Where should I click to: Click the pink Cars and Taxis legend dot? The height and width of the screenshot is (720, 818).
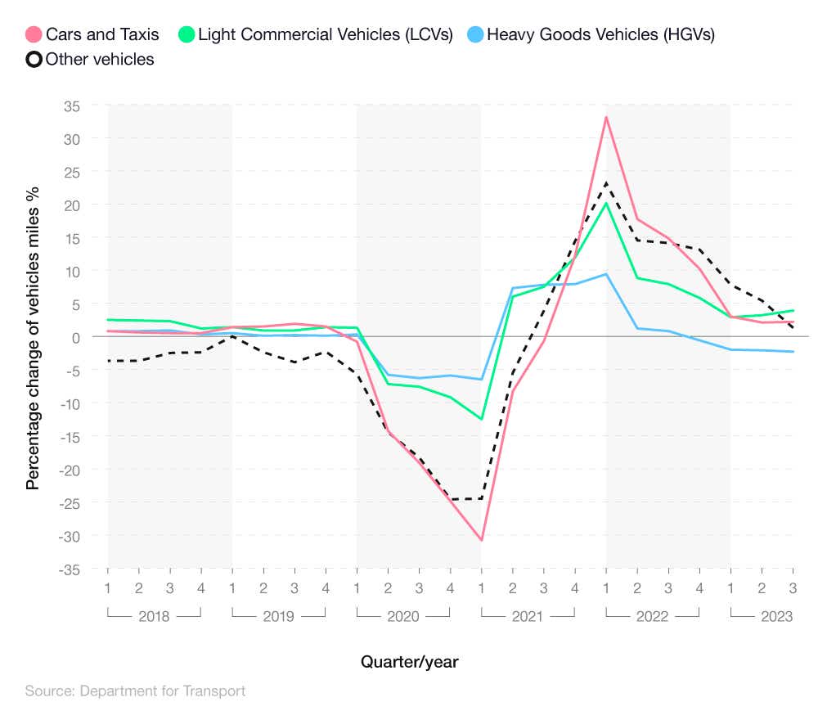(34, 34)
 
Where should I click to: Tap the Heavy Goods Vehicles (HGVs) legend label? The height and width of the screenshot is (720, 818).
(600, 34)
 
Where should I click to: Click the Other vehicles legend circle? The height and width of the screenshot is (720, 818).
(34, 59)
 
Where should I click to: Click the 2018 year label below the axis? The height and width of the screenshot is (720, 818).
(154, 616)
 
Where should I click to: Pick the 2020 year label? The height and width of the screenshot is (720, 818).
(403, 616)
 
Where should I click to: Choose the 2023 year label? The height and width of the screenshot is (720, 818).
(776, 616)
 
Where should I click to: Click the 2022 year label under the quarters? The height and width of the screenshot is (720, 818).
(652, 616)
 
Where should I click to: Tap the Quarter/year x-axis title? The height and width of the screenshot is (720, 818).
(409, 662)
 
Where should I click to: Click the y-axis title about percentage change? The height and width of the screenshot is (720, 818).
(33, 337)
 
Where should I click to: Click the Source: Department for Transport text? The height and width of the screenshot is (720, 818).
(135, 691)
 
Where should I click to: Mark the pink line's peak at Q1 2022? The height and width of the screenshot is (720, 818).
(606, 117)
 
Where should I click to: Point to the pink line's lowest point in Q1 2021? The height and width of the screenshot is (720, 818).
(482, 540)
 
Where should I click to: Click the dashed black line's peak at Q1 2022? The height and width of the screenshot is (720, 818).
(606, 182)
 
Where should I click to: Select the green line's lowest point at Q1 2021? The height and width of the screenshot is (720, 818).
(482, 419)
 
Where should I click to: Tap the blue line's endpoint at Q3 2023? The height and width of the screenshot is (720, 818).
(793, 352)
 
